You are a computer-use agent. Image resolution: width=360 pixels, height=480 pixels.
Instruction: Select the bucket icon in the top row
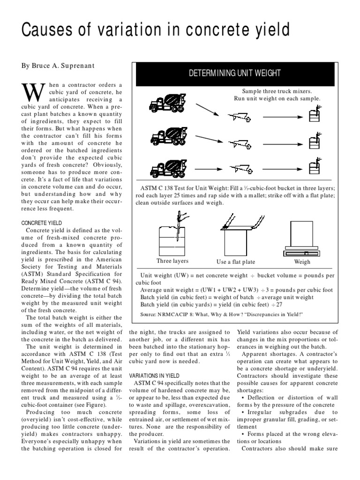point(314,113)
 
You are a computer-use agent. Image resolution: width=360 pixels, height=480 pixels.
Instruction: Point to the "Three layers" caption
point(172,261)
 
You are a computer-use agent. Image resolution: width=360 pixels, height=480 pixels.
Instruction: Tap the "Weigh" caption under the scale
point(302,262)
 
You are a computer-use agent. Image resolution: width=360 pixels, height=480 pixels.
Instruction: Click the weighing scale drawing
point(302,238)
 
